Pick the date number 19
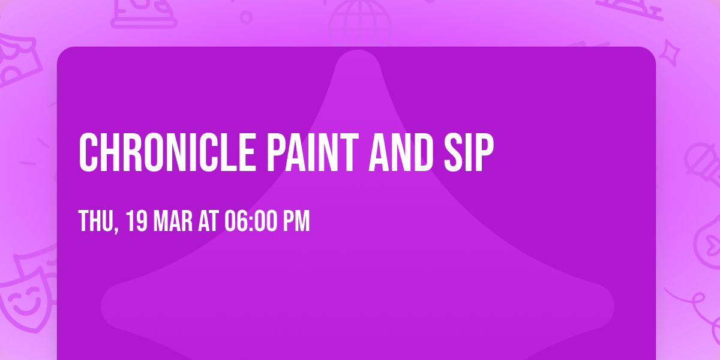(137, 221)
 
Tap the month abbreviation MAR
(173, 221)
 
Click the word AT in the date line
(208, 221)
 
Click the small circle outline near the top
(245, 17)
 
